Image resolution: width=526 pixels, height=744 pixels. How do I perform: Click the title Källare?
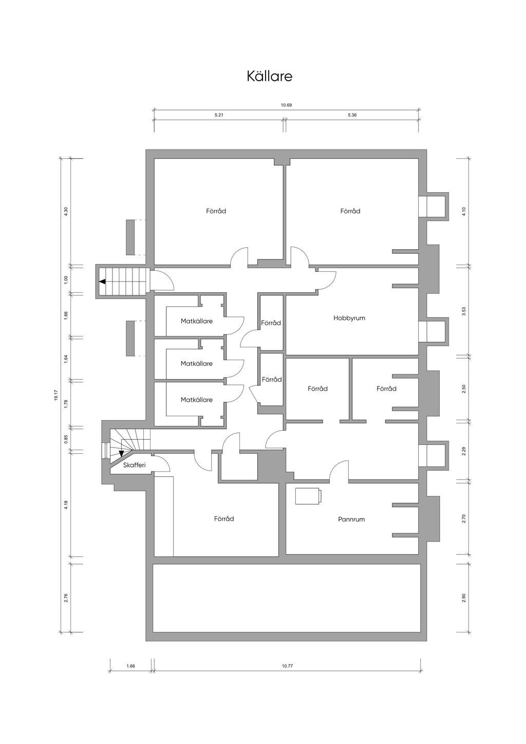269,76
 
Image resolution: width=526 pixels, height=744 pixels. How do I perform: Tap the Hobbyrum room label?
349,318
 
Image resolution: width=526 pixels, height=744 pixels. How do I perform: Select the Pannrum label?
351,519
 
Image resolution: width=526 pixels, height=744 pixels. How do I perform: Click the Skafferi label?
135,465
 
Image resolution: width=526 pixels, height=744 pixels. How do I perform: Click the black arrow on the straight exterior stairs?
103,282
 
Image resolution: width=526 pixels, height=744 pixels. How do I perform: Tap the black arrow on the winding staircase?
121,453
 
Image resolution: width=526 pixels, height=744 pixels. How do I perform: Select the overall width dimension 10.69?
286,105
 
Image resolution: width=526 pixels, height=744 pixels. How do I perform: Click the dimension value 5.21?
219,115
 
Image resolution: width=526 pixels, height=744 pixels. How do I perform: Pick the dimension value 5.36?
352,115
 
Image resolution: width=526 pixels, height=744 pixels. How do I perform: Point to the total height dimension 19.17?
56,395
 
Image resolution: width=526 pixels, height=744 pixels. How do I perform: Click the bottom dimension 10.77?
287,666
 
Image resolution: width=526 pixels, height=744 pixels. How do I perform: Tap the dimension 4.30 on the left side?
66,212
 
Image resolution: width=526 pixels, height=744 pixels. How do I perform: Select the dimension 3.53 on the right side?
463,311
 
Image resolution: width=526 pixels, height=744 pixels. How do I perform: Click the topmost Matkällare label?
197,321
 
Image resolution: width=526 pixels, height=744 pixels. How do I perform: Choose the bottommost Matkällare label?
197,399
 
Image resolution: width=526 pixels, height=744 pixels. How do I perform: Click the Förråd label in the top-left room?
216,211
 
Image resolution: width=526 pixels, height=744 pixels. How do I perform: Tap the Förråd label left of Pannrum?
224,519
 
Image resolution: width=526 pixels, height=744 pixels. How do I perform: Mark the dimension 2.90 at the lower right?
463,598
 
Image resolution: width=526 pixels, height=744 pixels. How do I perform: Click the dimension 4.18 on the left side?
66,505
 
